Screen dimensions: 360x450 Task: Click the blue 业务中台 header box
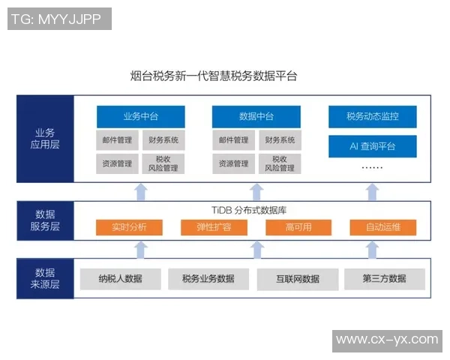(140, 117)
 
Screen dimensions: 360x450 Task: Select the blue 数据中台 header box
(256, 117)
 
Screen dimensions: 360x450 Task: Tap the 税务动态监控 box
(372, 117)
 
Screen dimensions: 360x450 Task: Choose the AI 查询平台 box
(372, 145)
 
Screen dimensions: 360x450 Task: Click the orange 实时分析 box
(129, 227)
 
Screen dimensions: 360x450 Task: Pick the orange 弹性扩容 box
(214, 227)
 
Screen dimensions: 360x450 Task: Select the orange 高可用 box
(298, 227)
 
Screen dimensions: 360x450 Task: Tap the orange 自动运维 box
(383, 227)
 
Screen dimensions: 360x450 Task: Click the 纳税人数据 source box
(120, 279)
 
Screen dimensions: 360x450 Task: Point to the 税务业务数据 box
(208, 279)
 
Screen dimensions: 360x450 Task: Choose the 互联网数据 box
(296, 279)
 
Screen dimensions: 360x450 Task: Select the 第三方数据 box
(384, 279)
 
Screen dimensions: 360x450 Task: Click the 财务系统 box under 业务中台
(163, 140)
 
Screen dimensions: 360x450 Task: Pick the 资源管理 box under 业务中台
(117, 163)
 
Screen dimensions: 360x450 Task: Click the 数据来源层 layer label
(45, 278)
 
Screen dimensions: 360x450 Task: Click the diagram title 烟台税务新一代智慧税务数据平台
(214, 76)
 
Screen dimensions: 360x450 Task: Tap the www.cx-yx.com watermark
(387, 340)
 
